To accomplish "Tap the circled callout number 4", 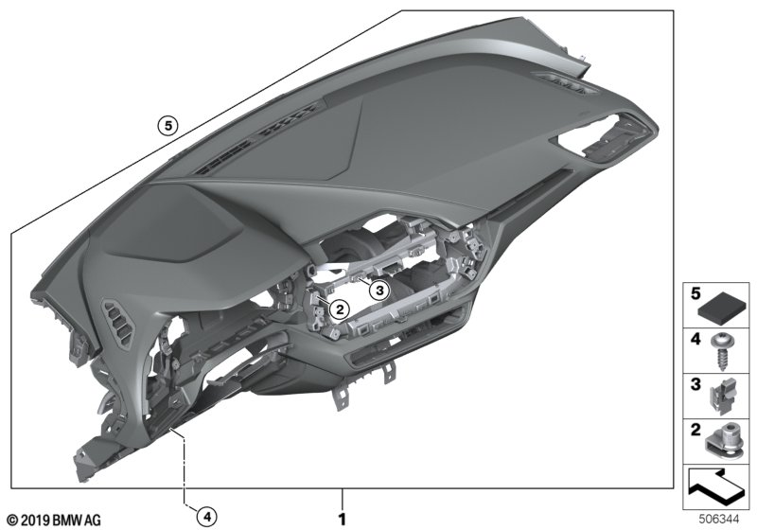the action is (206, 517).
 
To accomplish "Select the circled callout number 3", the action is (379, 291).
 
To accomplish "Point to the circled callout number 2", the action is (340, 309).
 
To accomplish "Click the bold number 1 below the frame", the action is (343, 520).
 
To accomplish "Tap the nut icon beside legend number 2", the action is (722, 442).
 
